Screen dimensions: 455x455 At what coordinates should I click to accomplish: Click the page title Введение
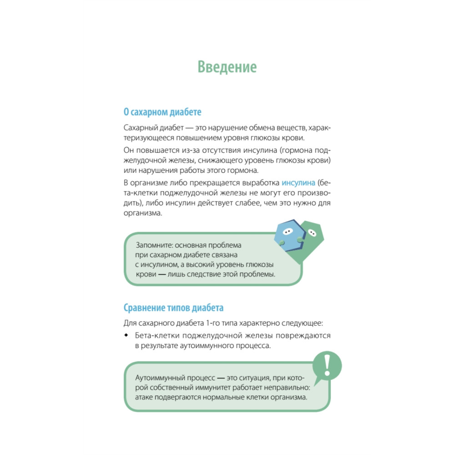click(x=227, y=67)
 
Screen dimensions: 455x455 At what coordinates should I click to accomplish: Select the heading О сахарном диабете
click(x=162, y=111)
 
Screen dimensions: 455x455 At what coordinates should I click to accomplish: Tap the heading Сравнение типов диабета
click(x=173, y=308)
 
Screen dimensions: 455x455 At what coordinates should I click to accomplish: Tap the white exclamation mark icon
click(x=326, y=365)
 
